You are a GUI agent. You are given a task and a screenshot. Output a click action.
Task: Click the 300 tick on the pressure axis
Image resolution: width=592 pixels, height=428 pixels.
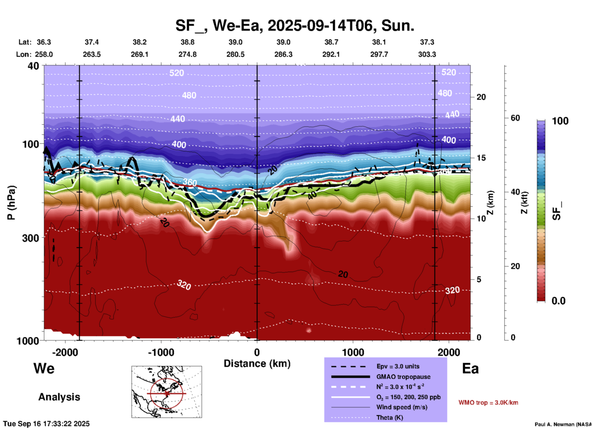31,238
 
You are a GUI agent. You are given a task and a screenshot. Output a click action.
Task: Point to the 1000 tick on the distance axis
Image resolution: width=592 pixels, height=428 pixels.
353,352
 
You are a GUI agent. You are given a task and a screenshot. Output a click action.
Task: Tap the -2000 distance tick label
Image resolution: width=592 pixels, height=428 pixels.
65,352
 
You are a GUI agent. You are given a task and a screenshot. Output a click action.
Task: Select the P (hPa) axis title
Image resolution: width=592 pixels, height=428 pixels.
11,203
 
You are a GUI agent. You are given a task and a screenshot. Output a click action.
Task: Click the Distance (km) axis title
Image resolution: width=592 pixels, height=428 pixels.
257,364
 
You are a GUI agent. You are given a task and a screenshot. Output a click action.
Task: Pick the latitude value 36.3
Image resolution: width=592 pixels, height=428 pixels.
44,42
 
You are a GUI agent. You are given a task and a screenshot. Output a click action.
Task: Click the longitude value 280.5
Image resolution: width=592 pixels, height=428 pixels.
235,54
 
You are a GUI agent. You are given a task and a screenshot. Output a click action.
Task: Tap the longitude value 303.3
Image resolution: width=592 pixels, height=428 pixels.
427,54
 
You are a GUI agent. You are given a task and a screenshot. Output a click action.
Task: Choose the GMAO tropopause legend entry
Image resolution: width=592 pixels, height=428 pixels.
403,377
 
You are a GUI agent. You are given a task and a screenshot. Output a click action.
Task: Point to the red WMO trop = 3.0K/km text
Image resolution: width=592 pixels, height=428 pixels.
488,403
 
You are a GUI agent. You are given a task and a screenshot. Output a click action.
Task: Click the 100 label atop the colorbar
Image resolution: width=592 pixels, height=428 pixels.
560,121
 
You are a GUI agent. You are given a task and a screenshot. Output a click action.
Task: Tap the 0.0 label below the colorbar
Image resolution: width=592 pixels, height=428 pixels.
558,301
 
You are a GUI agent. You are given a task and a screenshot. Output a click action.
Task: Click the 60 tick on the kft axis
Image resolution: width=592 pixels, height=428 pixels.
515,118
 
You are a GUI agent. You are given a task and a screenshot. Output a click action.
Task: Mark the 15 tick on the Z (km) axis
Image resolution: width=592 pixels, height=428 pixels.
481,158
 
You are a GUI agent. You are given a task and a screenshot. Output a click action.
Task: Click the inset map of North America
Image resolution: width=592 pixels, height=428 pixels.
167,391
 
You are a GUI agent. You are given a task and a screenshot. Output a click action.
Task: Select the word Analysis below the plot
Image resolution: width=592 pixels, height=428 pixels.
59,397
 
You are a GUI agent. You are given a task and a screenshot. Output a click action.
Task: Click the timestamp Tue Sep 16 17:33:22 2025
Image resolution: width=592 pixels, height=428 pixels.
46,424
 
